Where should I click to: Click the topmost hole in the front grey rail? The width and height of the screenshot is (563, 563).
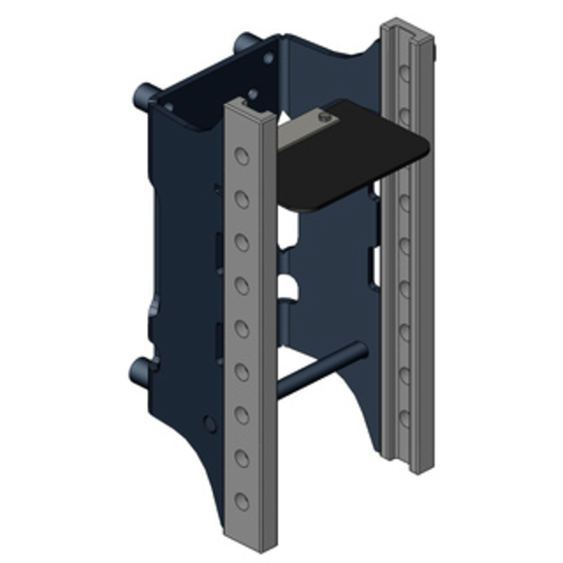pyautogui.click(x=242, y=156)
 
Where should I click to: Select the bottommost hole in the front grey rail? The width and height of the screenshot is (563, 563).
pyautogui.click(x=242, y=501)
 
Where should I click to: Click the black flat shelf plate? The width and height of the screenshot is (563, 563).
pyautogui.click(x=352, y=158)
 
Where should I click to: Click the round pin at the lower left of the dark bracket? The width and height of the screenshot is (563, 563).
pyautogui.click(x=139, y=368)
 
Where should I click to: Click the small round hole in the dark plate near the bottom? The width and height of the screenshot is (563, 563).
pyautogui.click(x=209, y=424)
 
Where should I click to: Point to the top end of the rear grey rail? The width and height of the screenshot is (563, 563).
pyautogui.click(x=407, y=27)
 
